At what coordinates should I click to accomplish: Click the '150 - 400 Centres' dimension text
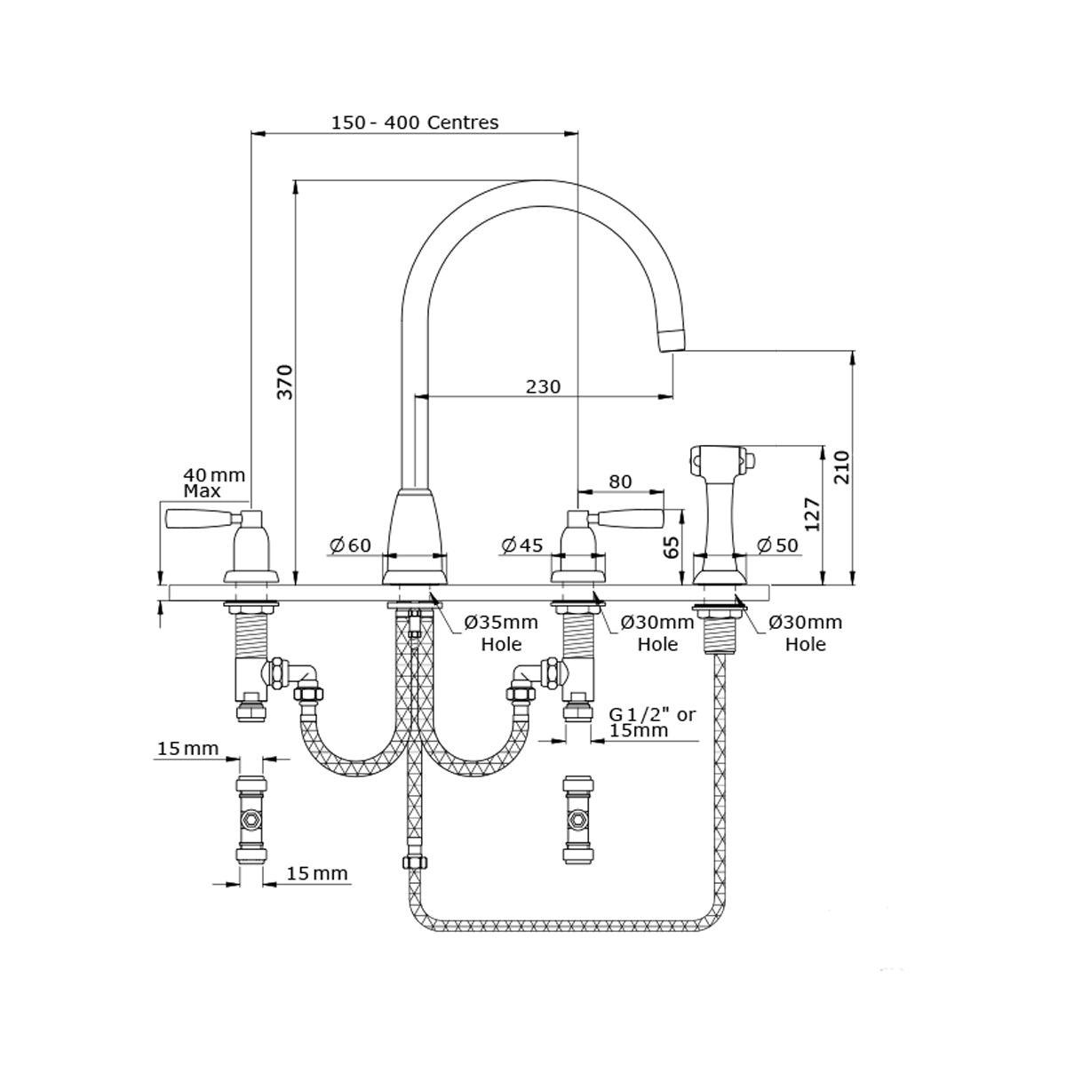tap(414, 123)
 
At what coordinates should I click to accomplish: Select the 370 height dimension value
tap(284, 381)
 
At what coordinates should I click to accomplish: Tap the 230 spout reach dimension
tap(543, 386)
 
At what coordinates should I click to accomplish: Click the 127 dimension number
tap(811, 513)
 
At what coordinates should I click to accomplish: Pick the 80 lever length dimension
tap(620, 481)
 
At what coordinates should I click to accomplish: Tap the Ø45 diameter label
tap(521, 545)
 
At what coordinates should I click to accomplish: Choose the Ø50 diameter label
tap(777, 545)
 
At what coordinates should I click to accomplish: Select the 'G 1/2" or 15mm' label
tap(651, 722)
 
